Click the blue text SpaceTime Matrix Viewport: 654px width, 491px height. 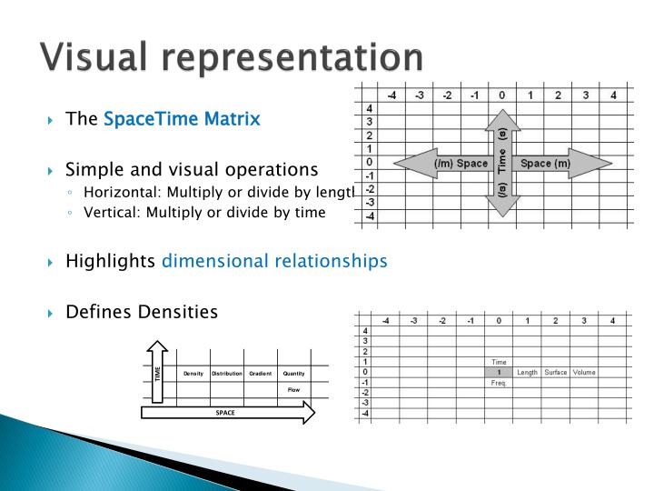pyautogui.click(x=182, y=119)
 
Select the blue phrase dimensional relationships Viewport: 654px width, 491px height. pyautogui.click(x=274, y=262)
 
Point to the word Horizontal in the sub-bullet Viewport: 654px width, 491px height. pyautogui.click(x=118, y=191)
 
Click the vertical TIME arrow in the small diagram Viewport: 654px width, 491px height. pyautogui.click(x=157, y=373)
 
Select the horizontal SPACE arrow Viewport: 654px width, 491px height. pyautogui.click(x=227, y=413)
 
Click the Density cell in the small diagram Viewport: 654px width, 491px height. pyautogui.click(x=193, y=374)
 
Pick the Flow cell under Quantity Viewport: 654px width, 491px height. pyautogui.click(x=293, y=389)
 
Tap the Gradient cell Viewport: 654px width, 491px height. pyautogui.click(x=261, y=374)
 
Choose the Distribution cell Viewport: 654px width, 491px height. pyautogui.click(x=227, y=374)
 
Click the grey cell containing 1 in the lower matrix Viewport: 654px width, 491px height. pyautogui.click(x=499, y=372)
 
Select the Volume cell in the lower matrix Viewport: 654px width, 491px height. pyautogui.click(x=584, y=372)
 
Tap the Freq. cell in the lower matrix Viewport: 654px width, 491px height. pyautogui.click(x=499, y=383)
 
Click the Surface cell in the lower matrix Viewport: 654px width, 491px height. pyautogui.click(x=556, y=372)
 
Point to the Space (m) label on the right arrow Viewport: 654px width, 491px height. pyautogui.click(x=546, y=164)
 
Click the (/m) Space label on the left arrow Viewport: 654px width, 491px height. pyautogui.click(x=461, y=164)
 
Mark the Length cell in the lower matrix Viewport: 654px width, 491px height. pyautogui.click(x=527, y=372)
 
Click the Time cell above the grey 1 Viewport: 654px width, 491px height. pyautogui.click(x=499, y=362)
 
